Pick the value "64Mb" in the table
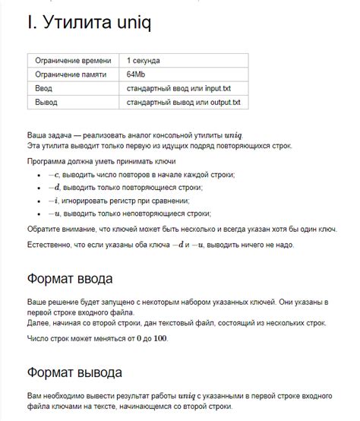tap(137, 74)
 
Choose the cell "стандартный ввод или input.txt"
tap(178, 88)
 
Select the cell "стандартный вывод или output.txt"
tap(183, 102)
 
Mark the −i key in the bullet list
tap(52, 201)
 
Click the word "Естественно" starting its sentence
tap(54, 245)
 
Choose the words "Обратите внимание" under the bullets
tap(65, 228)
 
